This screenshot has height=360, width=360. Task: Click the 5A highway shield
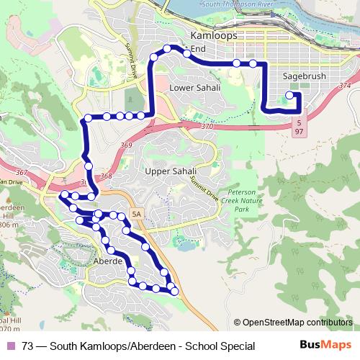point(136,214)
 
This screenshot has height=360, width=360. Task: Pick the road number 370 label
point(207,126)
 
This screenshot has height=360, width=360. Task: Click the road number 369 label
point(127,145)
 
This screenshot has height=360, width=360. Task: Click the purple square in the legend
point(11,346)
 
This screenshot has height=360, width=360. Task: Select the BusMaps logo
point(326,346)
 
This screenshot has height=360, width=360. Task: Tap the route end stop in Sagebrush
point(289,95)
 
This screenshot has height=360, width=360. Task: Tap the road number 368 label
point(107,176)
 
